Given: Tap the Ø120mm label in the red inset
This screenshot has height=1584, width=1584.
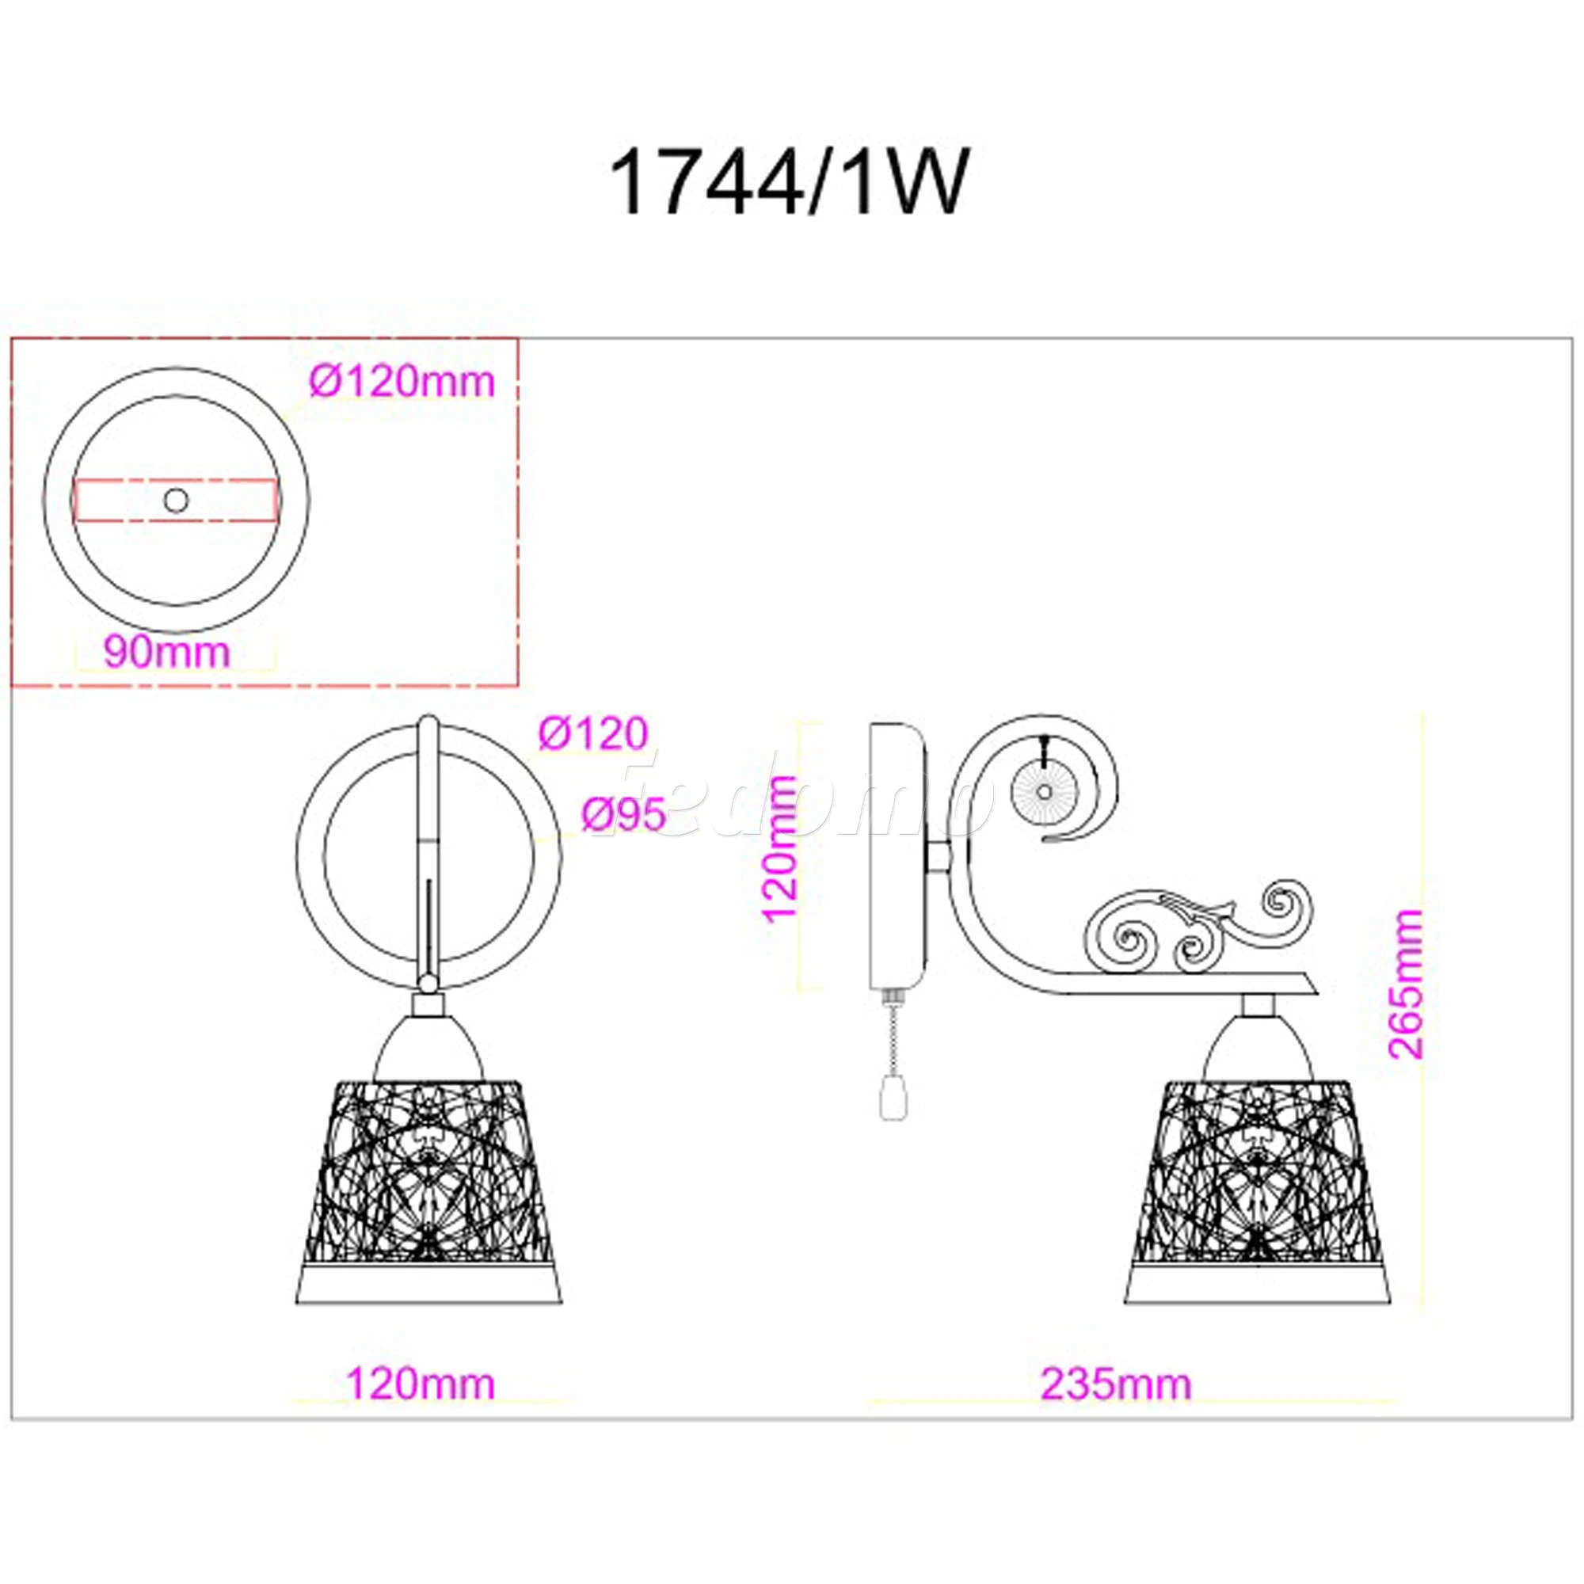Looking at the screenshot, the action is tap(402, 381).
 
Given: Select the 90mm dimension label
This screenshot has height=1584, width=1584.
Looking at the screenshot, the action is tap(166, 652).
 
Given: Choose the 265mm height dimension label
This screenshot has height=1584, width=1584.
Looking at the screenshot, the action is tap(1406, 983).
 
